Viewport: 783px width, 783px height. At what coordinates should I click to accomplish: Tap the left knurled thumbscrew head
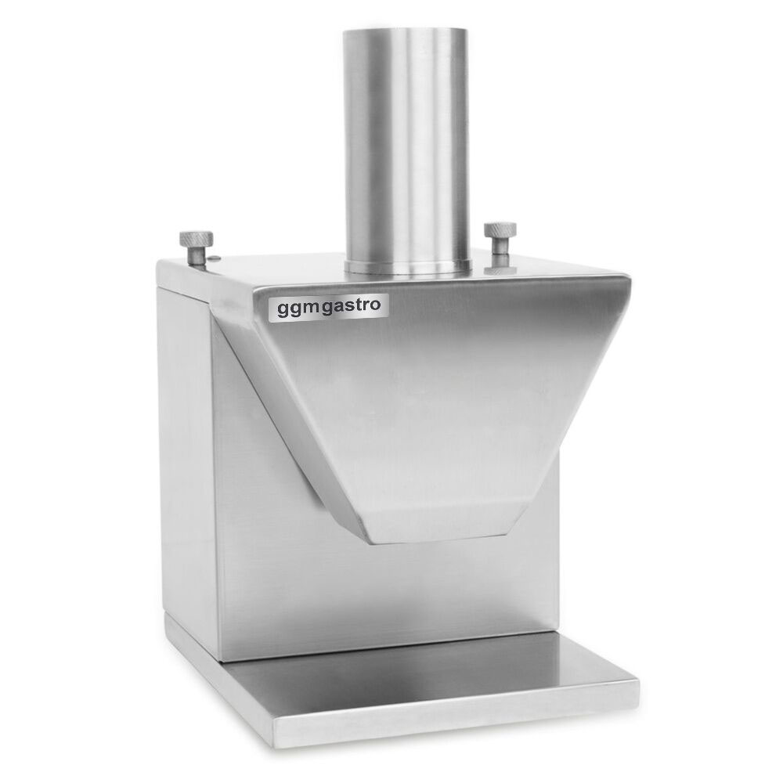(x=197, y=239)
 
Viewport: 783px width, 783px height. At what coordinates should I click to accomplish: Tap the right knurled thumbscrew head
(x=500, y=230)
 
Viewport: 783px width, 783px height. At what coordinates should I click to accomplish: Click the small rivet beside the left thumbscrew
(x=214, y=258)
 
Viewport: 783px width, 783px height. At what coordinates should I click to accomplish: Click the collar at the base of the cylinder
(x=407, y=267)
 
